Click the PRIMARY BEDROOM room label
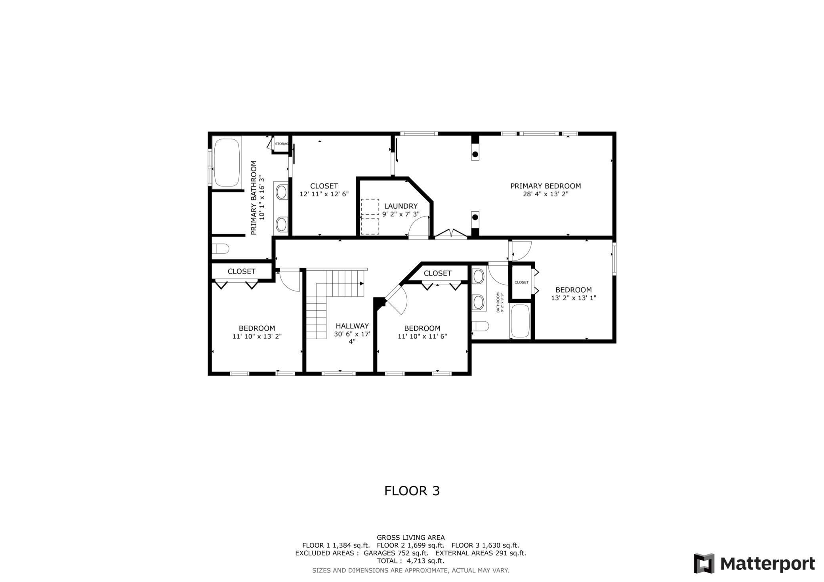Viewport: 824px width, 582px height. [545, 186]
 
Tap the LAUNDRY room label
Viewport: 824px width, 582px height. [401, 206]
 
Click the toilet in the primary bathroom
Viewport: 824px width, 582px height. [220, 249]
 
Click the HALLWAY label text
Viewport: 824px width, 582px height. [352, 326]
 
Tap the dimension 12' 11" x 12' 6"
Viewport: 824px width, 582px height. [324, 194]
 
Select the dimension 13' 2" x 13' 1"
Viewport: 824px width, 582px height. [573, 298]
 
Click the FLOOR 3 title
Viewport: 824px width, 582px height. [412, 491]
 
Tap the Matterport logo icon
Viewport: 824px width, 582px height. [704, 563]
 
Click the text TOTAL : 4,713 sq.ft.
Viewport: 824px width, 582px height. [410, 561]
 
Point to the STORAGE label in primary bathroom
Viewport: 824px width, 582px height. [281, 144]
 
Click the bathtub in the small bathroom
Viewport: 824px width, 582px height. [520, 321]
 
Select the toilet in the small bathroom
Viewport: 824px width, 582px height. [480, 326]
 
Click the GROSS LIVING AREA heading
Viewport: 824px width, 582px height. [410, 537]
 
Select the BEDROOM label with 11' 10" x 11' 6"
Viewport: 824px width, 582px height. [422, 328]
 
